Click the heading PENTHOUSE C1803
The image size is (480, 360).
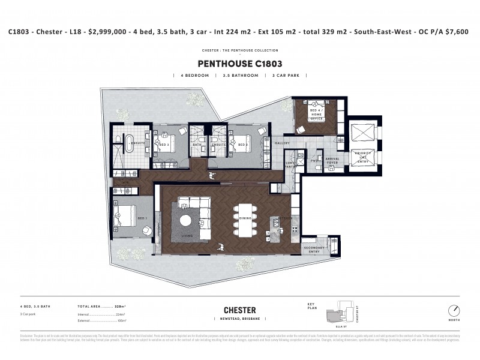pos(239,62)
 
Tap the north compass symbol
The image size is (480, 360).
pos(455,311)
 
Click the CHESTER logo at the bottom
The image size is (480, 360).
pos(239,310)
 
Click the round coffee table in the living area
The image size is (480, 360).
pos(186,220)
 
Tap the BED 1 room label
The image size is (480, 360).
pos(142,218)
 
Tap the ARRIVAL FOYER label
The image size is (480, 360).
pos(332,161)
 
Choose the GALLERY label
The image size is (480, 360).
pos(282,143)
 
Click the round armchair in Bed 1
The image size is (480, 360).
pos(147,231)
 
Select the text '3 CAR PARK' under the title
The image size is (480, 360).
pos(290,76)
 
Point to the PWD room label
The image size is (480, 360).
pos(314,160)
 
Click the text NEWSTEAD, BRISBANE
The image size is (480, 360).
pos(239,319)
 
